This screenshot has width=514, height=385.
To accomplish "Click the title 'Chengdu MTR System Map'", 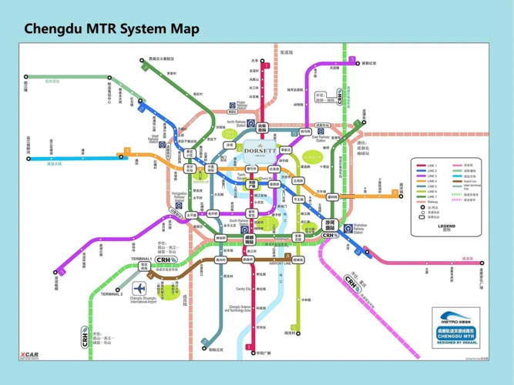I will click(x=112, y=28).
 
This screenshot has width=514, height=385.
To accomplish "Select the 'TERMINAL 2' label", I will click(x=111, y=293).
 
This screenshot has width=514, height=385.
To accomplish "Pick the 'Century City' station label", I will click(x=244, y=290).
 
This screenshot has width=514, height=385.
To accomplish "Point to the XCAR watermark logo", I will click(x=29, y=355).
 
